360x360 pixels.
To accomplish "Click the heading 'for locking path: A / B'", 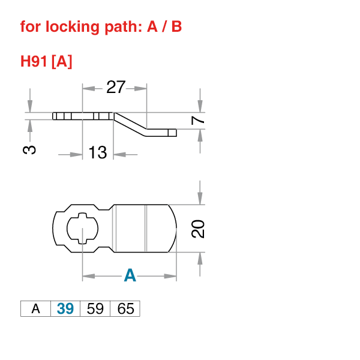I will point(101,27).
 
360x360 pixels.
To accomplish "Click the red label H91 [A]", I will point(46,61).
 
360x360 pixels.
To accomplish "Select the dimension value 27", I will point(116,88).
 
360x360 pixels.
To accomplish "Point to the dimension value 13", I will point(97,153).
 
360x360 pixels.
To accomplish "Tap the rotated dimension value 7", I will point(200,121).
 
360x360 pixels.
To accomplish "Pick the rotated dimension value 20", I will point(199,229).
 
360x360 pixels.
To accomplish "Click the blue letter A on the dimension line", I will point(130,276).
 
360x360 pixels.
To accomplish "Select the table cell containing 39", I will point(65,309).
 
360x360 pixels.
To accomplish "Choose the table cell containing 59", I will point(95,309).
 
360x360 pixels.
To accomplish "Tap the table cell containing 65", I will point(125,309).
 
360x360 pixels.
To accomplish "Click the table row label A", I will point(35,309).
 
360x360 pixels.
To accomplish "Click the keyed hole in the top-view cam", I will point(81,229).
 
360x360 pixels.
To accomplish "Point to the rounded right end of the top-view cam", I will point(175,229).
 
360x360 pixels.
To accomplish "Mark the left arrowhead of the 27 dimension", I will point(88,88).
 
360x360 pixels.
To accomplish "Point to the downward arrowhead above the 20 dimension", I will point(200,199).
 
